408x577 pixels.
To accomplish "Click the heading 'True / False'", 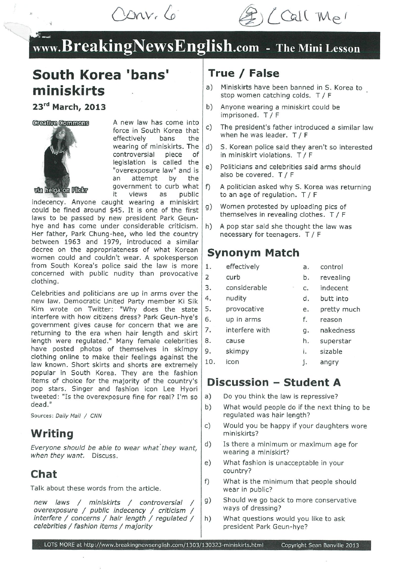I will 243,73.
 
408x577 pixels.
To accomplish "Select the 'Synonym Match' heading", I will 253,253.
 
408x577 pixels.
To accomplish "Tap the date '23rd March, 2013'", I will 69,107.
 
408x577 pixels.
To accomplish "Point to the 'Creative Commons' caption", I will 61,123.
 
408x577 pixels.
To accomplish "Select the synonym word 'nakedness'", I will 337,330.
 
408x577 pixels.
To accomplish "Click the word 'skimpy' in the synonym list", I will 237,351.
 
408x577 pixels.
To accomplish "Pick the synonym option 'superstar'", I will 335,341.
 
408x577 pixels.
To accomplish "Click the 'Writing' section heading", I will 52,434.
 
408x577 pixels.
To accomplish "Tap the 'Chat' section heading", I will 44,474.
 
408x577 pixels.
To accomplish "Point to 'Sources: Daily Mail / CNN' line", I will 66,416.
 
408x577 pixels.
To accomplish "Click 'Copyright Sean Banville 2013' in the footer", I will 320,545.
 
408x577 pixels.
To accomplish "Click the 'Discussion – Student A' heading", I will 274,383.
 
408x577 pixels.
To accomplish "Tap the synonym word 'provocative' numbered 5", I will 244,309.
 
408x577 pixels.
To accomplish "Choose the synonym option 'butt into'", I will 334,299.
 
